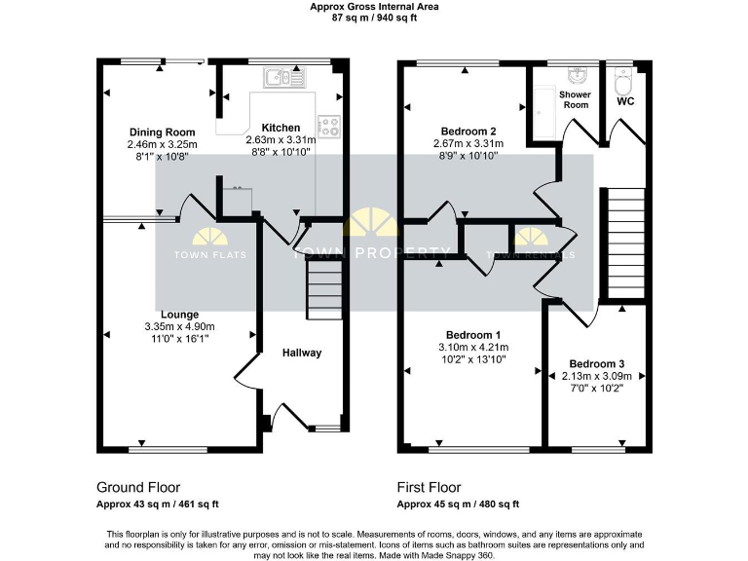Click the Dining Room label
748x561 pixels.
163,132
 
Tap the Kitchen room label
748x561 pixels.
280,128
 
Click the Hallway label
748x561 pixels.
301,353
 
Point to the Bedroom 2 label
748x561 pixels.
465,131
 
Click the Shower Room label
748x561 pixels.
575,99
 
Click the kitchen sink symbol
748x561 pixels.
284,75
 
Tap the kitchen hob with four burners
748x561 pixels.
328,125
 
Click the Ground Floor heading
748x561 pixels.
138,487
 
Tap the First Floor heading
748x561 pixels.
430,487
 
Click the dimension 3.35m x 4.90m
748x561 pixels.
179,326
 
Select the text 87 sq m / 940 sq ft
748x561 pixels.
374,18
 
